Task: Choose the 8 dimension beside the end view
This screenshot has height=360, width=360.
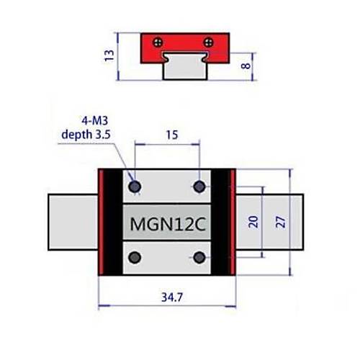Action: pyautogui.click(x=247, y=66)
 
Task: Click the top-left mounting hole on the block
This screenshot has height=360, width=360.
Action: pyautogui.click(x=135, y=187)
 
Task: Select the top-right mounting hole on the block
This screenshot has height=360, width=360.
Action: pyautogui.click(x=200, y=187)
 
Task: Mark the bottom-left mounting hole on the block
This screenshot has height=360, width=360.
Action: pyautogui.click(x=135, y=256)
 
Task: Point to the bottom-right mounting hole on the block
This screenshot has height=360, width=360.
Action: pyautogui.click(x=200, y=256)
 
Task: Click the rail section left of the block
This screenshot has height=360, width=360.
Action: pyautogui.click(x=72, y=222)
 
